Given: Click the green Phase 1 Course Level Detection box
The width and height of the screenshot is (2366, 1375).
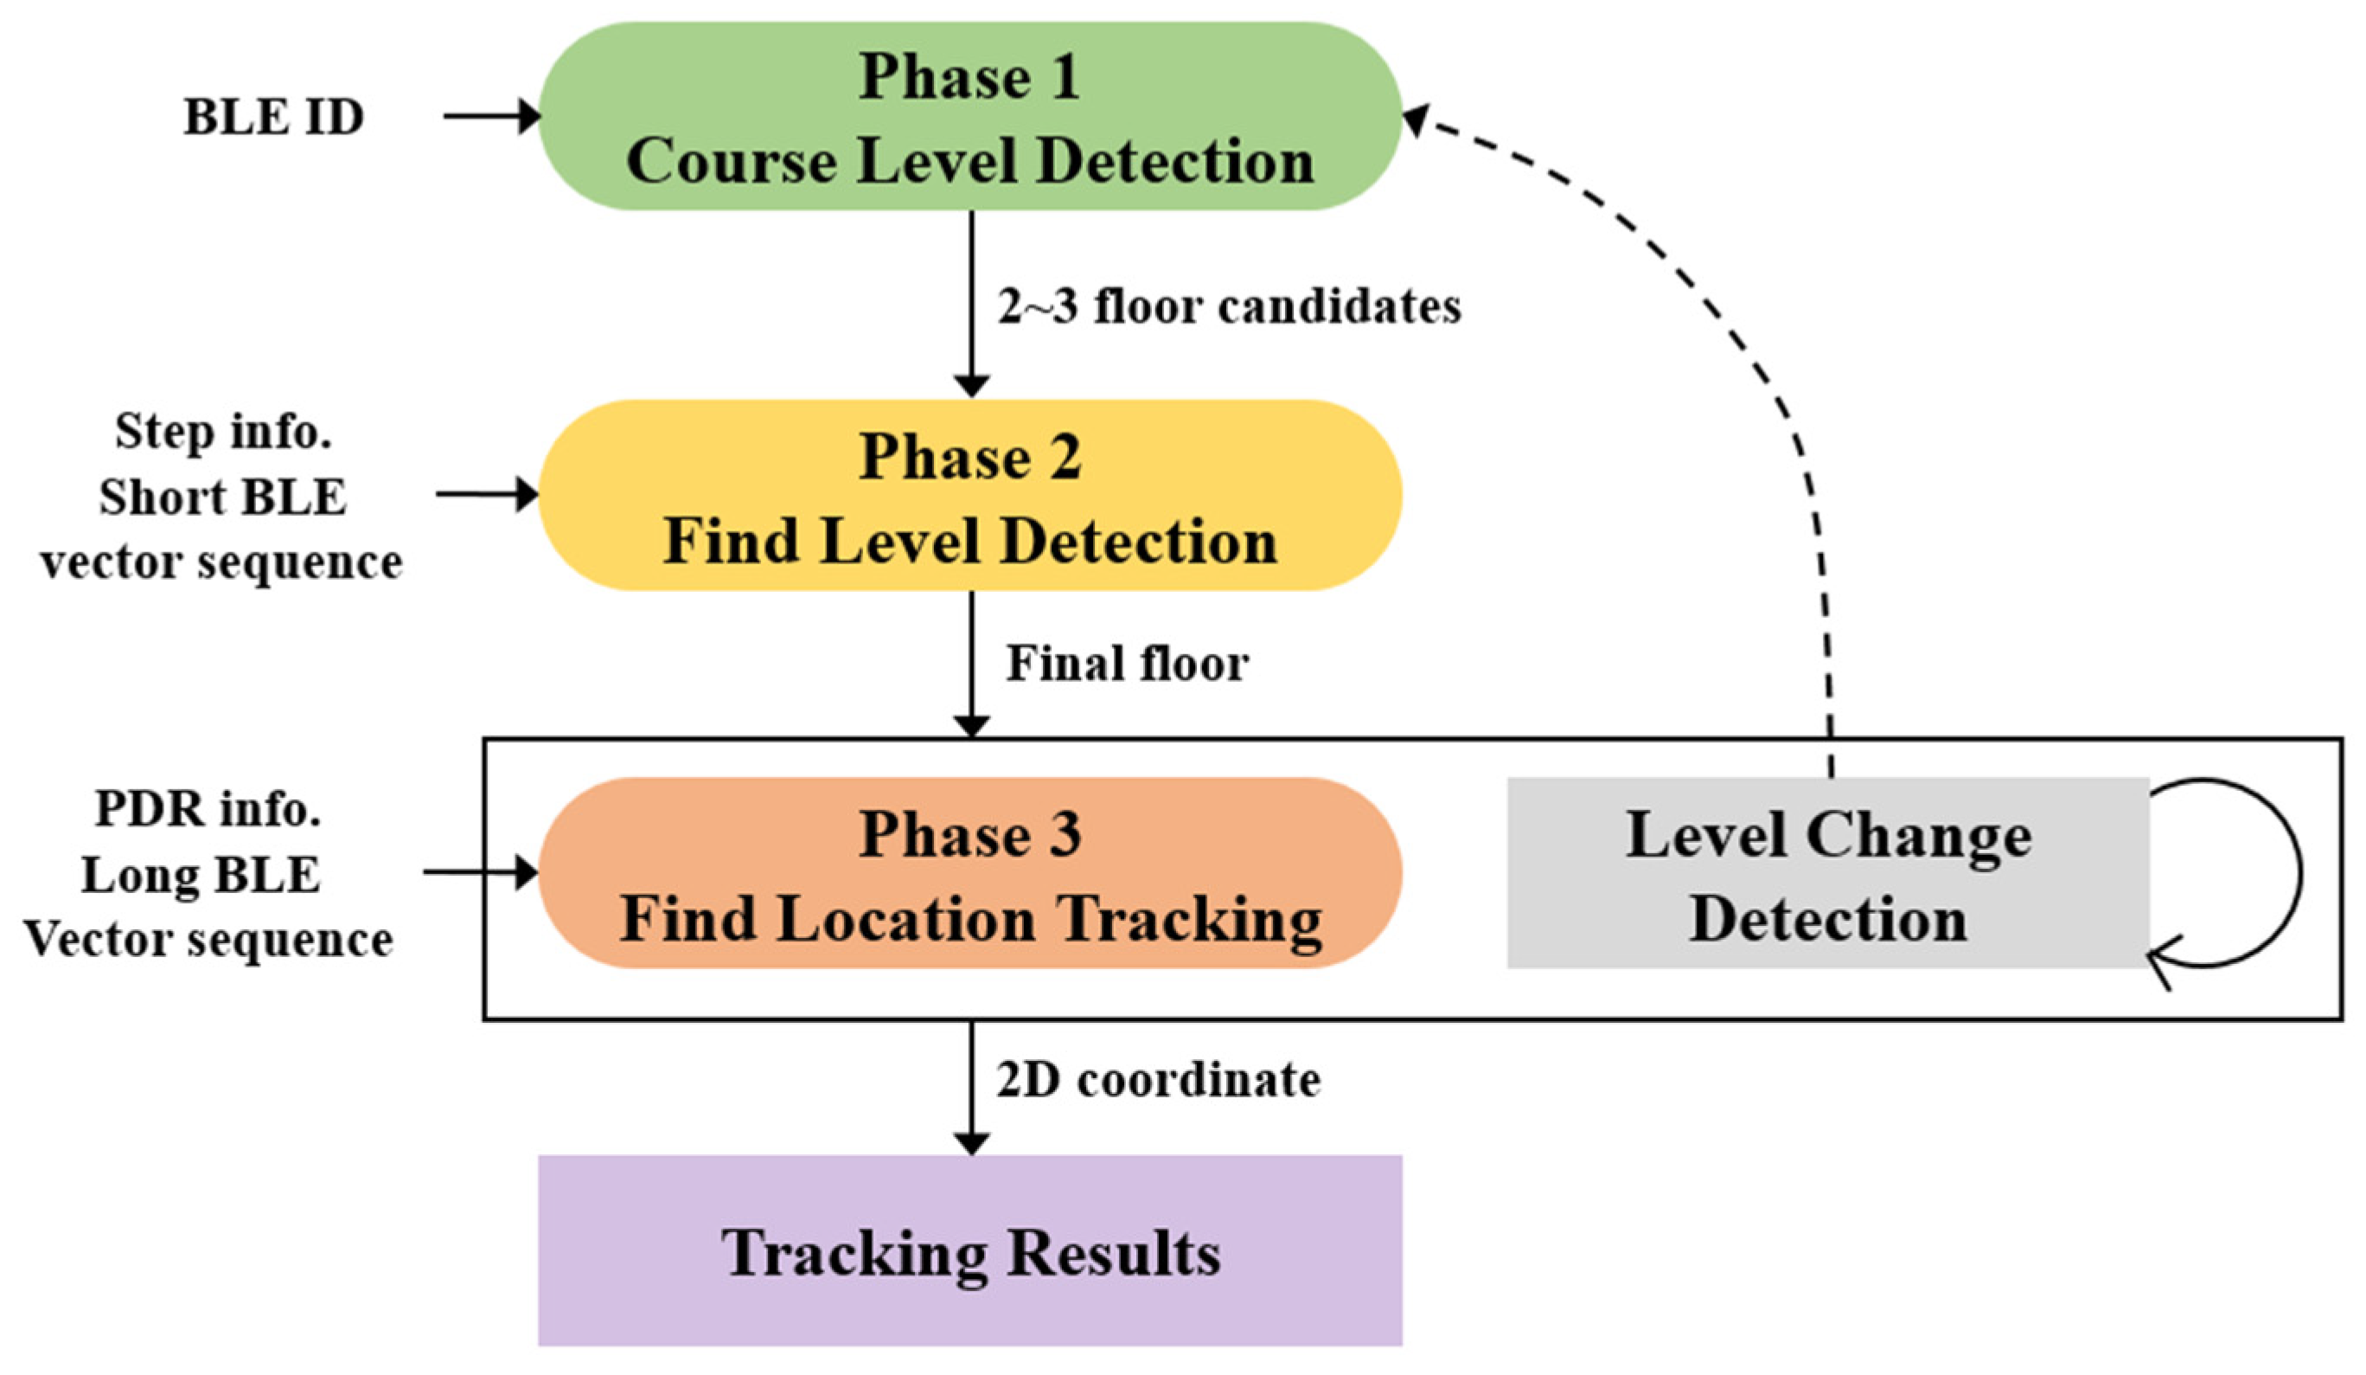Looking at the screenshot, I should click(x=970, y=117).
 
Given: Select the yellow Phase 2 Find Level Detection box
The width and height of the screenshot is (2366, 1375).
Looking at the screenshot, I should click(x=970, y=496).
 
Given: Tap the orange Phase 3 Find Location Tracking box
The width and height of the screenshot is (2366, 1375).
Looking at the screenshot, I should click(x=970, y=873).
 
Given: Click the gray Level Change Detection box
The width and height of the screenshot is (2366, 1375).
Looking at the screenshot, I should click(x=1827, y=873).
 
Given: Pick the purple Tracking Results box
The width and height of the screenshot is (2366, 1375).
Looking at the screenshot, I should click(x=970, y=1251).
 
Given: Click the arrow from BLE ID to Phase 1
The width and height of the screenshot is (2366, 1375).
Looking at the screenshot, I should click(x=492, y=117).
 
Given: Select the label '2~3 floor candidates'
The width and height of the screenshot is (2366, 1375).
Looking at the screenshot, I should click(x=1229, y=307).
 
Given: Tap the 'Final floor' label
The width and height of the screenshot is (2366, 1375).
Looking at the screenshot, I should click(x=1128, y=664).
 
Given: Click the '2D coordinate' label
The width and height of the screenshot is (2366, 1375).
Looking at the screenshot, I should click(x=1159, y=1080).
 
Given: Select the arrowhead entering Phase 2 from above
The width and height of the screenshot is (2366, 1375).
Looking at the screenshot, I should click(x=971, y=385).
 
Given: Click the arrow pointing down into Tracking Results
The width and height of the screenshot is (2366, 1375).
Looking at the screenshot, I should click(x=971, y=1089).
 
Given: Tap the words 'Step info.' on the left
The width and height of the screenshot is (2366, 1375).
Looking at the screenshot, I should click(x=223, y=431).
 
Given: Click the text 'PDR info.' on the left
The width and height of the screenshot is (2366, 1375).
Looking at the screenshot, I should click(x=208, y=809).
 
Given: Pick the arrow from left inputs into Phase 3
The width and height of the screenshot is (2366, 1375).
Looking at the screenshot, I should click(x=480, y=872).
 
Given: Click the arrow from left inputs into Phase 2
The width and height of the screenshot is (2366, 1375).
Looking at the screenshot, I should click(x=486, y=494).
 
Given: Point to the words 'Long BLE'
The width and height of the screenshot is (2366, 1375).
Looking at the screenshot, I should click(x=201, y=876).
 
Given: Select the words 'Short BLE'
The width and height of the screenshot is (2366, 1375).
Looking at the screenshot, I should click(x=223, y=497).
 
